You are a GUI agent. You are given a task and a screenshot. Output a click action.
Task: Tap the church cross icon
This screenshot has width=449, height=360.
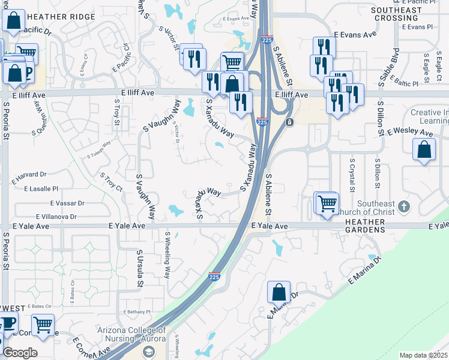[x=404, y=207]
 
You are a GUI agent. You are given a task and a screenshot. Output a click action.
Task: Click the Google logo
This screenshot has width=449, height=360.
[x=19, y=353]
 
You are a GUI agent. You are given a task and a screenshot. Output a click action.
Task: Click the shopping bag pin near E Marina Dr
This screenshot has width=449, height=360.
[x=279, y=292]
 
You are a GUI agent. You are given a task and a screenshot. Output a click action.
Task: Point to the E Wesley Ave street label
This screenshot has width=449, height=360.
[x=411, y=132]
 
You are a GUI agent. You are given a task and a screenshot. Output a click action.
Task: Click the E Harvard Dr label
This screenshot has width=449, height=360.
[x=29, y=175]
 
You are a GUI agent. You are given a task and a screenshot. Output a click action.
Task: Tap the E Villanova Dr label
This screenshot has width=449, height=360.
[x=56, y=216]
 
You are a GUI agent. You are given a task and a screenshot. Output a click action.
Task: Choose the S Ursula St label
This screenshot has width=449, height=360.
[x=140, y=267]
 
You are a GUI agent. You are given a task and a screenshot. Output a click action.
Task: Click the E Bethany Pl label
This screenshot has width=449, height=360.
[x=137, y=312]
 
